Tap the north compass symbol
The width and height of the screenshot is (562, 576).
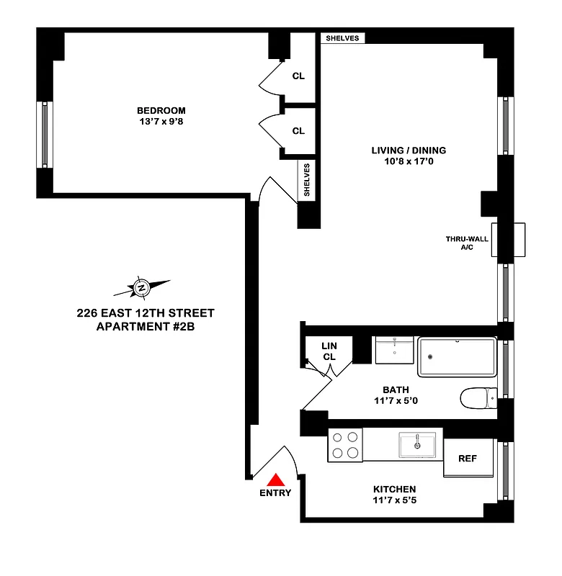(142, 288)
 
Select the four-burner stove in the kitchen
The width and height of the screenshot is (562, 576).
(345, 445)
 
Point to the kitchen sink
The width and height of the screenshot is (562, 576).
(417, 444)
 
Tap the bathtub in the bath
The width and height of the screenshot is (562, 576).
(457, 357)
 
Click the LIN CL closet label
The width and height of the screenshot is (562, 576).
(329, 351)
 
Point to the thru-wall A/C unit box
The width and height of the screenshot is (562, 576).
(509, 240)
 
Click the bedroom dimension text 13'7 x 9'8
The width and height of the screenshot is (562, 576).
(161, 122)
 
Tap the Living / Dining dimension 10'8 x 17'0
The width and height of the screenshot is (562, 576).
(409, 162)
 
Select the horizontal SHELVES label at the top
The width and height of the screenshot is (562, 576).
(342, 38)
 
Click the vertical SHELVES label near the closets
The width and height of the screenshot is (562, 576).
(307, 180)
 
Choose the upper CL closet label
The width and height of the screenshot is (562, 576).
(298, 76)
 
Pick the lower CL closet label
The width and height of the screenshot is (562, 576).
(298, 131)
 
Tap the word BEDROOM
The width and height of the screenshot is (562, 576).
(161, 110)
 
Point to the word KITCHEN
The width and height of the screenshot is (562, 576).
(394, 489)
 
